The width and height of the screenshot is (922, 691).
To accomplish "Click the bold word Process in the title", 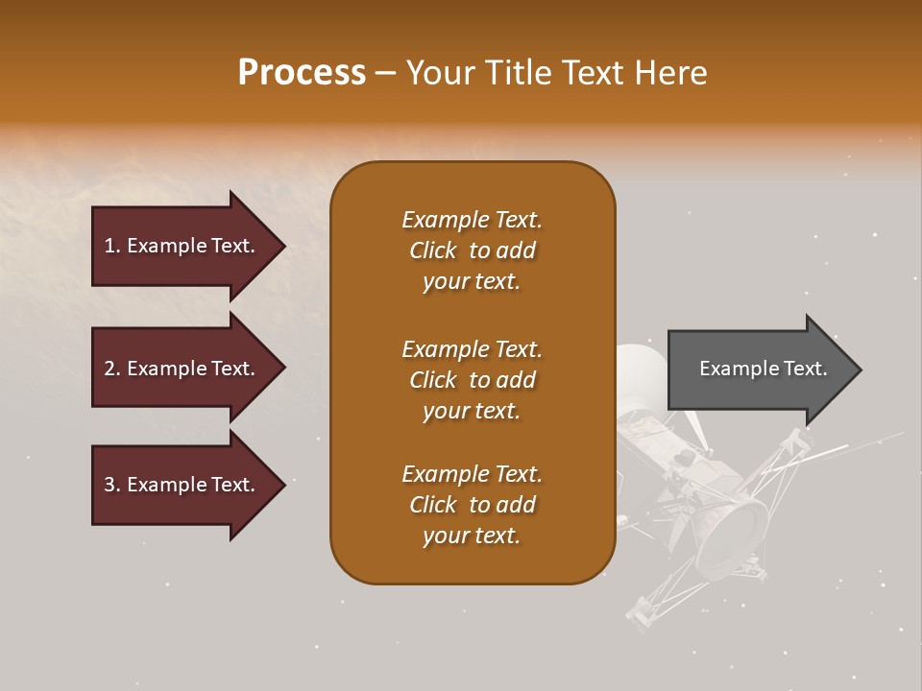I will [x=302, y=73].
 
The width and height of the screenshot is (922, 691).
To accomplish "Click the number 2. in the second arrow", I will [x=112, y=369].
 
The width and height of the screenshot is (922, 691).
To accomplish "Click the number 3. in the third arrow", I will [x=112, y=485].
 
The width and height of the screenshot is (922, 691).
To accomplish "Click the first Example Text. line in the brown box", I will [x=472, y=220].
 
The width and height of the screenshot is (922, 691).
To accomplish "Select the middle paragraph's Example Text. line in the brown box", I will [x=472, y=349].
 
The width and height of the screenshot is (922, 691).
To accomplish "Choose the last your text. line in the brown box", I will [x=472, y=536].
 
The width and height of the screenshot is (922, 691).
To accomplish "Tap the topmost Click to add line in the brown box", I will [x=472, y=250].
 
